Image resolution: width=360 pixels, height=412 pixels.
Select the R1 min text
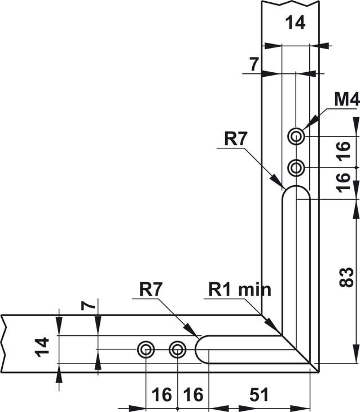point(240,290)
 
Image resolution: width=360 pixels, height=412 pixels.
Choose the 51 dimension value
point(259,395)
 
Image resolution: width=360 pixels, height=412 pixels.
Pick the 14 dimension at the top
point(294,23)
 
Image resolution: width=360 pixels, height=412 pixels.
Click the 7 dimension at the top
point(254,64)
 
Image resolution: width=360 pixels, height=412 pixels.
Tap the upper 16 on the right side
point(344,151)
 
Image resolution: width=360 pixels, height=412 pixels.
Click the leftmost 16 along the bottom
point(162,395)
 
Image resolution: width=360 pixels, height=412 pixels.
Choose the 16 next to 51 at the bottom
point(193,395)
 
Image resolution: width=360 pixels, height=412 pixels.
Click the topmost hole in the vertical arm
point(296,136)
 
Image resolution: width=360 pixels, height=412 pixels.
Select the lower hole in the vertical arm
point(296,168)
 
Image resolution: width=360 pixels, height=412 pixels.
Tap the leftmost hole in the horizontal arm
point(146,350)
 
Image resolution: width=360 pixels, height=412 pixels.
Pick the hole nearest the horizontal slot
point(178,350)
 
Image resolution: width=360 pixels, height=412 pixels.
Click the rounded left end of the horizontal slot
point(201,350)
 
